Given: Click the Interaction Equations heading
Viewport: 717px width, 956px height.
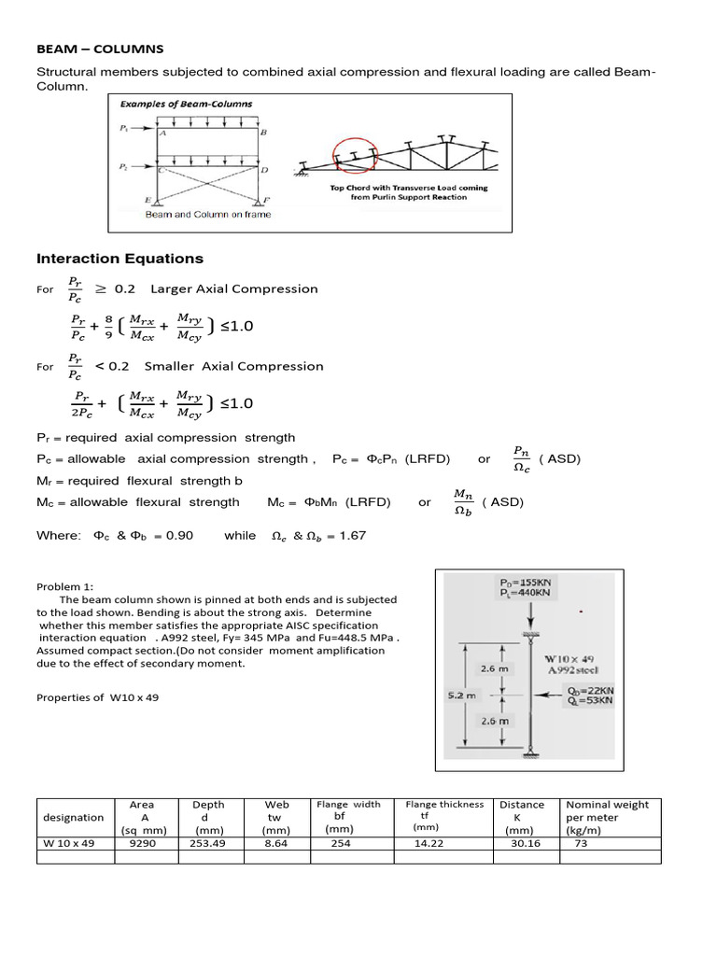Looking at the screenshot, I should click(x=119, y=259).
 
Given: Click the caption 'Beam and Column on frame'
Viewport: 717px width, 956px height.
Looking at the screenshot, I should click(x=208, y=215).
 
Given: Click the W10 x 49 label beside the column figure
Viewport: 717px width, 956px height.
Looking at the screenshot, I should click(x=568, y=657).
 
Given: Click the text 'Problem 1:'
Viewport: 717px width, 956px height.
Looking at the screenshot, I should click(x=65, y=586).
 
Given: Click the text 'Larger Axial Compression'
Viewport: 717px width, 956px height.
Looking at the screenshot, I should click(x=233, y=288).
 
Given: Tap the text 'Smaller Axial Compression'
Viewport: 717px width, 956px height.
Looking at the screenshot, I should click(x=233, y=366).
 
